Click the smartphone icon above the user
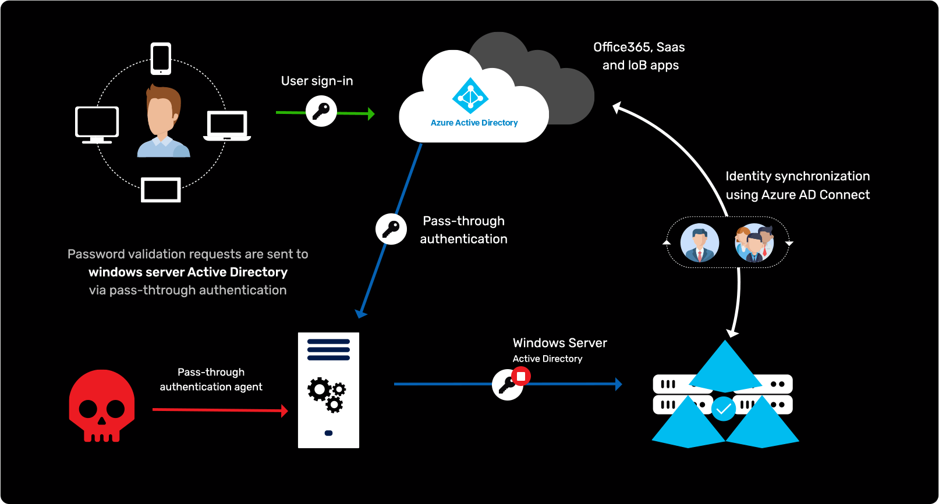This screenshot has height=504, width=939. point(161,59)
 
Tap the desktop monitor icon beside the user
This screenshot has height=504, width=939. point(97,124)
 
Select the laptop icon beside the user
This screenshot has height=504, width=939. point(227,126)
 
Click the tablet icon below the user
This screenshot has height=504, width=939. point(161,190)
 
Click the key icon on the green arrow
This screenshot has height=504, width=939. point(321,110)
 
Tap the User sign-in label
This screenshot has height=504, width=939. point(317,81)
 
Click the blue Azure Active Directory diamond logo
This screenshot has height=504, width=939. point(470,96)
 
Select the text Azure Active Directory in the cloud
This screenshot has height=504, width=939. point(474,123)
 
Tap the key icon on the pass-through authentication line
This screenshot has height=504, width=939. point(391,228)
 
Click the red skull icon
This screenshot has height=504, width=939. point(102,406)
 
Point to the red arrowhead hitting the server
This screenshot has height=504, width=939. point(285,411)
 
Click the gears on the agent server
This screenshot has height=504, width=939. point(327,394)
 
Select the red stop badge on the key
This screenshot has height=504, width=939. point(521,376)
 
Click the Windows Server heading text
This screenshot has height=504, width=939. point(559,343)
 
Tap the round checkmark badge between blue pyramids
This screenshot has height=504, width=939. point(724,409)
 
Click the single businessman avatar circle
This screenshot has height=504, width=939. point(700,242)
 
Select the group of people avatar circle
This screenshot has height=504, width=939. point(754,242)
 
